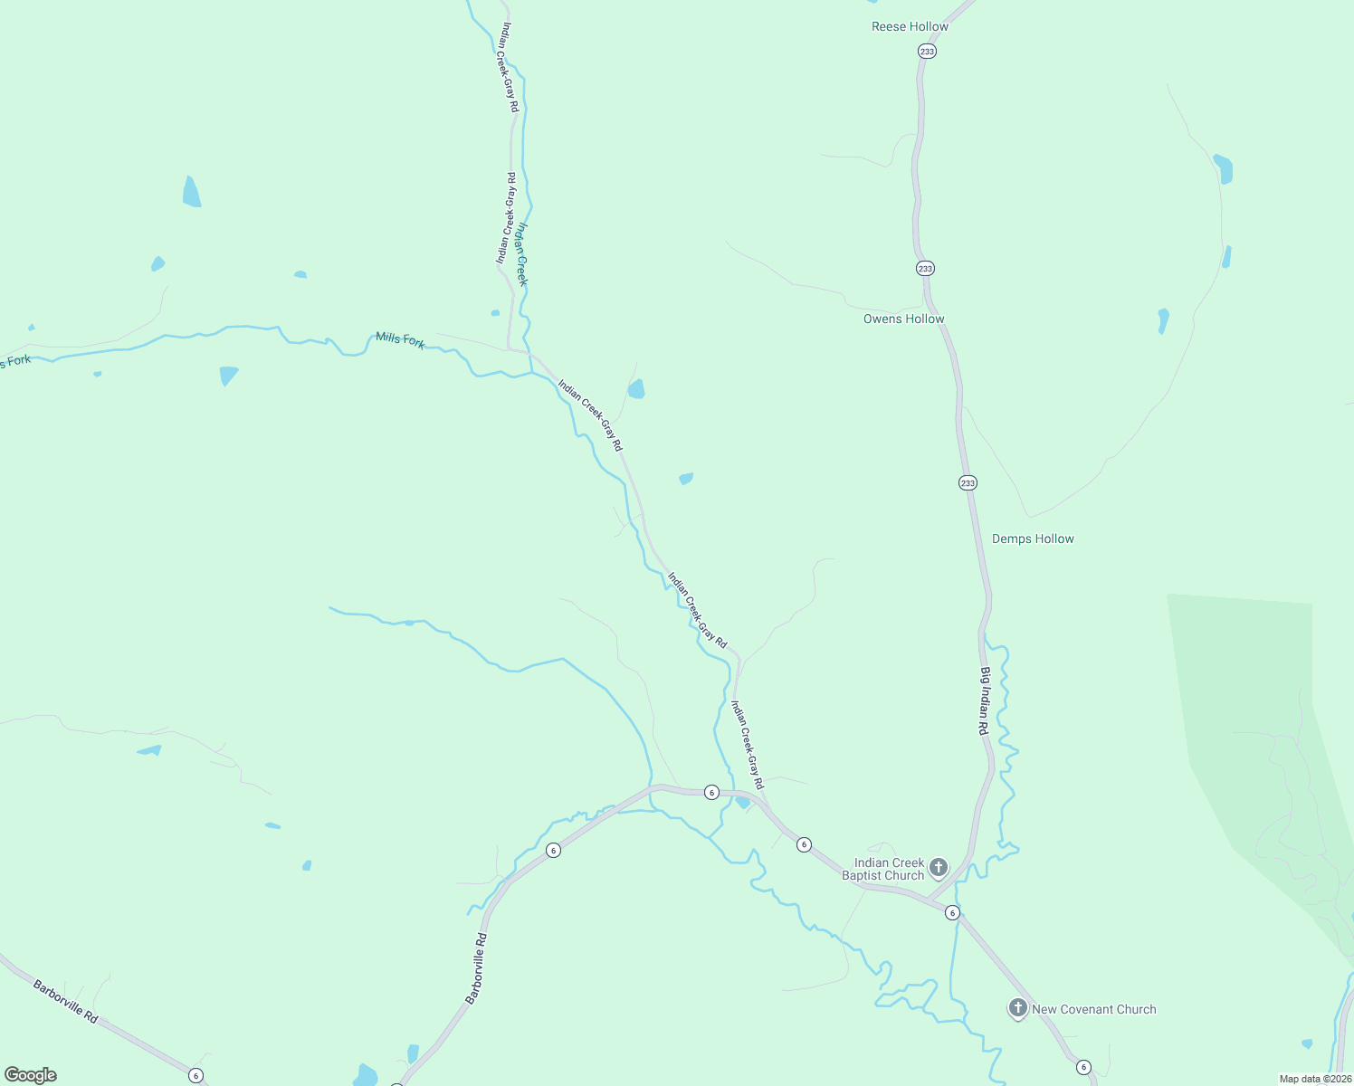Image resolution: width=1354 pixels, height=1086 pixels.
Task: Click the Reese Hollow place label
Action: pos(910,27)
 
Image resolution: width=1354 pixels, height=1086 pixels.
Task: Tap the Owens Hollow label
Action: pos(903,319)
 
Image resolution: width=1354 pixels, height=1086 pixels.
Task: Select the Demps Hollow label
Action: pos(1033,538)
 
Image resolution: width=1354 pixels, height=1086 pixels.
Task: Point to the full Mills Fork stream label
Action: pos(400,339)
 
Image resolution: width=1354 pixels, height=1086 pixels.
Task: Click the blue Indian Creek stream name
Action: pos(520,254)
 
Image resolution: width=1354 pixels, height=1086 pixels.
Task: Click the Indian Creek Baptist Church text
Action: pos(889,869)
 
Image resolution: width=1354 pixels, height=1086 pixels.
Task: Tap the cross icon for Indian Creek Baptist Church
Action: pos(939,868)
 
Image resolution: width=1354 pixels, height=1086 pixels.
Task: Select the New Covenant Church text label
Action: pos(1093,1009)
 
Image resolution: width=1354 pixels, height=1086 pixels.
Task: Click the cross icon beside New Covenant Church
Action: pos(1017,1007)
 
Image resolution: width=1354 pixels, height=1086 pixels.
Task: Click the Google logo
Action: pos(31,1075)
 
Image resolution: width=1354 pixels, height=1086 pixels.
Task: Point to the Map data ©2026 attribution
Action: pos(1315,1079)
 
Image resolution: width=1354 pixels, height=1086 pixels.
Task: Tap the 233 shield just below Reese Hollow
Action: pos(927,52)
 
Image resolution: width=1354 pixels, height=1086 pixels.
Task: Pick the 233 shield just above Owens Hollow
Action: pos(925,269)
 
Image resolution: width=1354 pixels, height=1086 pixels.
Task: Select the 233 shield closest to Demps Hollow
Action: pos(968,483)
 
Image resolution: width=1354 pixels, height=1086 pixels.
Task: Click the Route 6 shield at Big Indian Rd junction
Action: pos(952,913)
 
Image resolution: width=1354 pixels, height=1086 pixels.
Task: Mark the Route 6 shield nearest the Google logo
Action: pos(196,1075)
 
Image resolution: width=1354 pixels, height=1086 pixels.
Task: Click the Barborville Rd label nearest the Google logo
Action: pos(65,1001)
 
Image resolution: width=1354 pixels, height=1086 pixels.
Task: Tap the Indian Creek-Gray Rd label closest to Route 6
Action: pos(748,745)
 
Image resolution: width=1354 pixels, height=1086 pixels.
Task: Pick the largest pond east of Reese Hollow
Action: pos(1223,168)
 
